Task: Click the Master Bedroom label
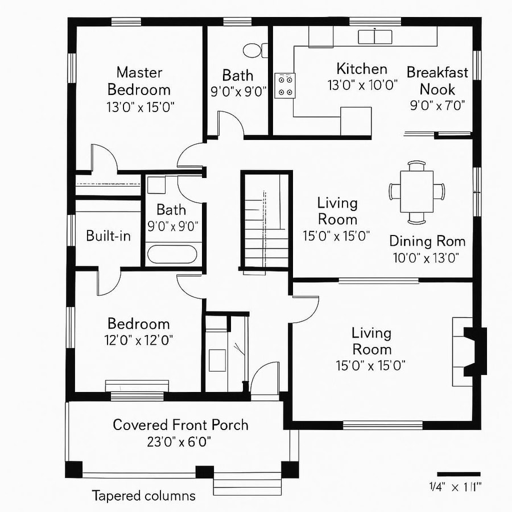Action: point(139,81)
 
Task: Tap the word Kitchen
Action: point(362,69)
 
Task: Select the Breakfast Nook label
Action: point(437,81)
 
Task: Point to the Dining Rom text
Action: point(427,241)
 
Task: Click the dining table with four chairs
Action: point(417,192)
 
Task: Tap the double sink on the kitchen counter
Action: point(375,36)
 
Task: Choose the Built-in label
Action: point(109,236)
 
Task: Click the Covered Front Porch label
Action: point(180,424)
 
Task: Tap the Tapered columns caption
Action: point(143,496)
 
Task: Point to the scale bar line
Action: point(459,474)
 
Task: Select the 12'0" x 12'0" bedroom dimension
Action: point(139,340)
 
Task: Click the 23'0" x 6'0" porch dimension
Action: point(180,442)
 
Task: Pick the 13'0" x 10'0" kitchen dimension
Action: point(362,85)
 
